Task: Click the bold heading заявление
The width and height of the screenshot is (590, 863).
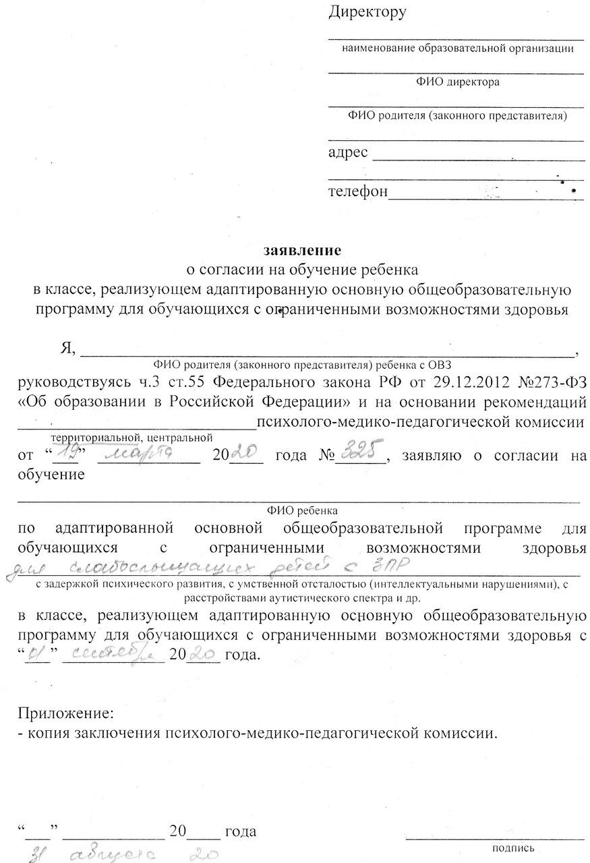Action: pyautogui.click(x=303, y=250)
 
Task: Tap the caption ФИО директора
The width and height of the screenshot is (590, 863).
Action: pyautogui.click(x=457, y=83)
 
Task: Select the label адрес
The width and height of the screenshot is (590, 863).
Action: pyautogui.click(x=348, y=152)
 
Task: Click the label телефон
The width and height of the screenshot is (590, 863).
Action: pyautogui.click(x=358, y=191)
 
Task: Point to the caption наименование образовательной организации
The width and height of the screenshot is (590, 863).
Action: pyautogui.click(x=458, y=49)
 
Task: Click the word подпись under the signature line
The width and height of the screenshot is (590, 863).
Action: pyautogui.click(x=514, y=847)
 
